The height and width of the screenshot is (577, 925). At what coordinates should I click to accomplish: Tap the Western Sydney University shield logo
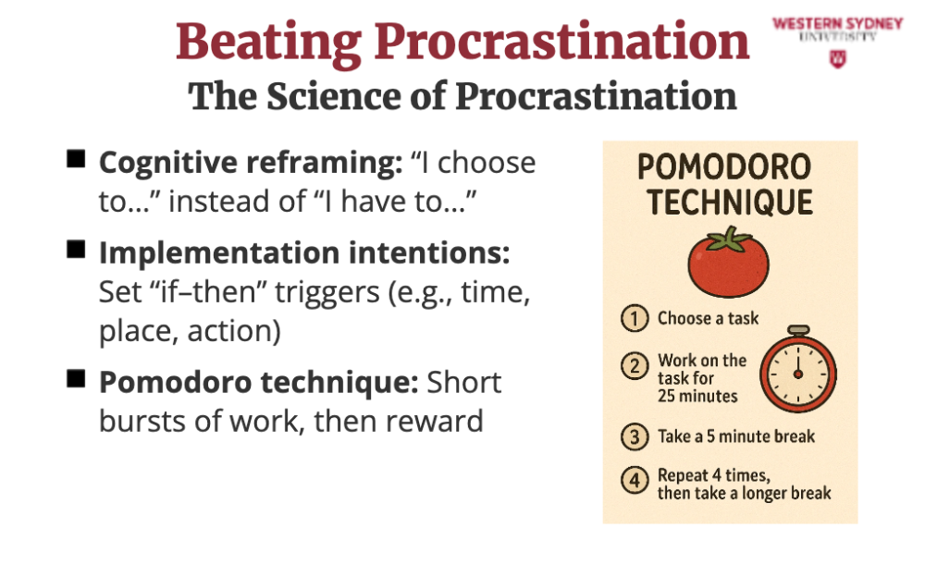point(838,58)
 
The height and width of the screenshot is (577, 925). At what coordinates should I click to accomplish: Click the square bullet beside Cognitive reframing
point(76,159)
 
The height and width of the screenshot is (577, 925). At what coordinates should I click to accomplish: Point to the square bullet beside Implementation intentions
point(76,249)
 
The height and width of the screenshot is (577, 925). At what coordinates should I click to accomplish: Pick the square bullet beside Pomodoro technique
point(76,378)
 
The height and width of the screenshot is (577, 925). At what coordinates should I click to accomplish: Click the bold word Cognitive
point(167,164)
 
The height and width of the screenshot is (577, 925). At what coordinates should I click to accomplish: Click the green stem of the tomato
point(731,239)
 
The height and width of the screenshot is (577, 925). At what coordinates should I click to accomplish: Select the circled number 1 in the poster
point(635,319)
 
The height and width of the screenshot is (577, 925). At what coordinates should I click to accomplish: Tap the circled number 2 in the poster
point(635,366)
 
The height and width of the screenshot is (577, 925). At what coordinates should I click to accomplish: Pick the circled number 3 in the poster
point(635,437)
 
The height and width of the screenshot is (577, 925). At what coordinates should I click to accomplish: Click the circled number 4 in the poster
point(635,480)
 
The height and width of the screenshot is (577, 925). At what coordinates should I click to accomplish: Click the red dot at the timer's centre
point(798,374)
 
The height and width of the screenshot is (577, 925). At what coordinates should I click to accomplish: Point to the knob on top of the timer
point(798,330)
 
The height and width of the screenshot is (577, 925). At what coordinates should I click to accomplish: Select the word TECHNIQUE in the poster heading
point(730,203)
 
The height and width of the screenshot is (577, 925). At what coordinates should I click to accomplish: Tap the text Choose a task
point(708,319)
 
